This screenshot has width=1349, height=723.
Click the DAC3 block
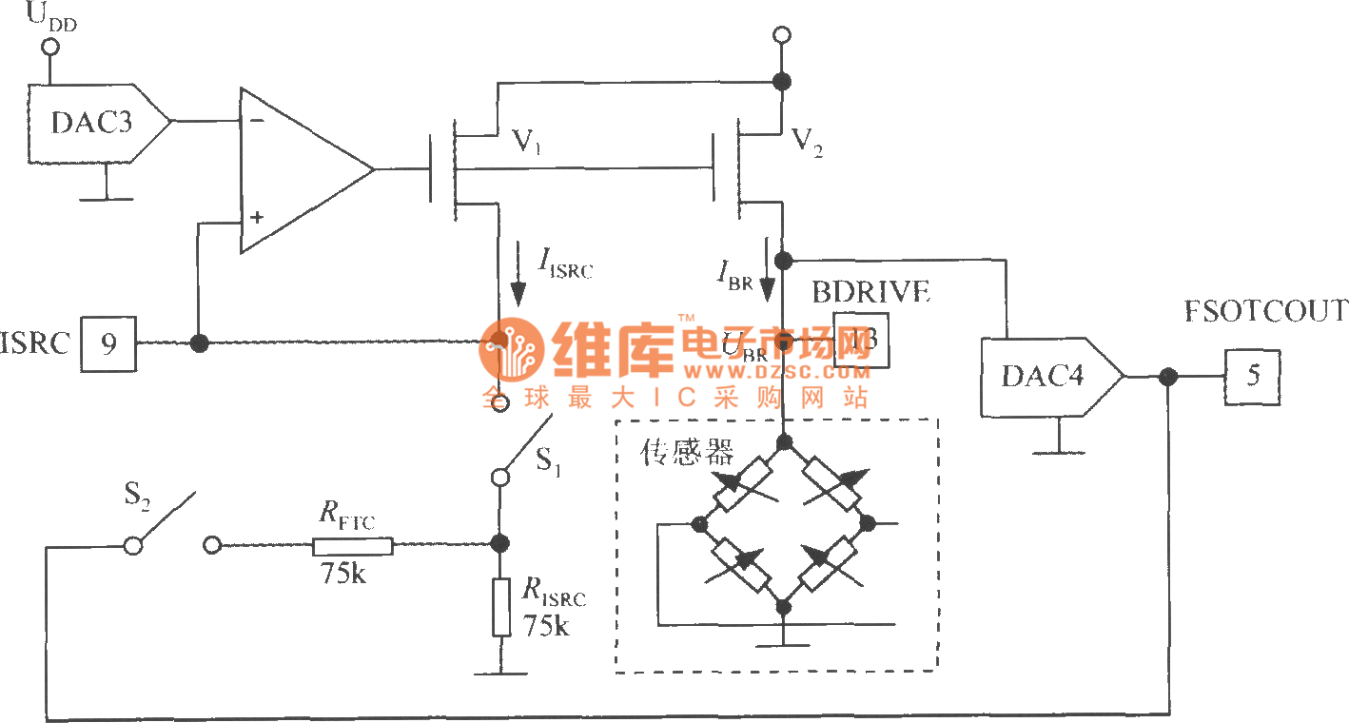pyautogui.click(x=92, y=122)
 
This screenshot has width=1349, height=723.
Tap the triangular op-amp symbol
pyautogui.click(x=301, y=171)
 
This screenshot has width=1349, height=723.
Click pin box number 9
pyautogui.click(x=108, y=343)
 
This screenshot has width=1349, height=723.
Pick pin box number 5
pyautogui.click(x=1252, y=377)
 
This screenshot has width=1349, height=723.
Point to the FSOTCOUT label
pyautogui.click(x=1265, y=311)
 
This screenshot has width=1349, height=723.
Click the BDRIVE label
pyautogui.click(x=870, y=292)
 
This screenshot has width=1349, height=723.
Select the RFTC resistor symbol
pyautogui.click(x=352, y=545)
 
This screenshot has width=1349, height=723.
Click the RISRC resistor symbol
pyautogui.click(x=500, y=605)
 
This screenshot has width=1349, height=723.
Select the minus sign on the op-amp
pyautogui.click(x=257, y=121)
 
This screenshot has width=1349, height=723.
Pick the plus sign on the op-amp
pyautogui.click(x=256, y=218)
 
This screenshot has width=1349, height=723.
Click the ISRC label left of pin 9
pyautogui.click(x=35, y=343)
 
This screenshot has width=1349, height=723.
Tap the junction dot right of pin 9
pyautogui.click(x=199, y=343)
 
